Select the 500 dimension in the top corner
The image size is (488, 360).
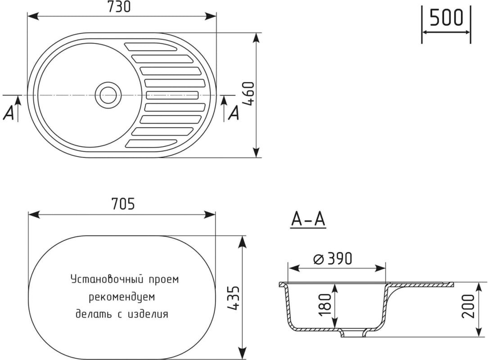pos(446,18)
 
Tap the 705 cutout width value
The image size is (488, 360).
pos(122,204)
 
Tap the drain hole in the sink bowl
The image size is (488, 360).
pos(108,95)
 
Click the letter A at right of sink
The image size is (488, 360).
pos(234,114)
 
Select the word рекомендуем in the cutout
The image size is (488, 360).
pos(122,297)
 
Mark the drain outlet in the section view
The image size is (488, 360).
pos(353,333)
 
